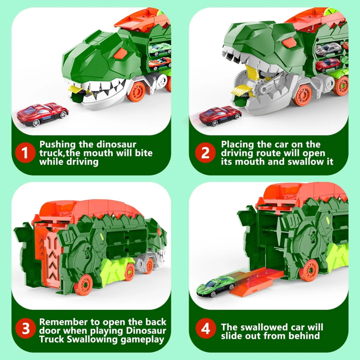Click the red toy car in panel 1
(x=42, y=114)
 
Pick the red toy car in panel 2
(x=220, y=115)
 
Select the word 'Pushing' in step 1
(x=59, y=144)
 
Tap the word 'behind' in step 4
(x=304, y=336)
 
